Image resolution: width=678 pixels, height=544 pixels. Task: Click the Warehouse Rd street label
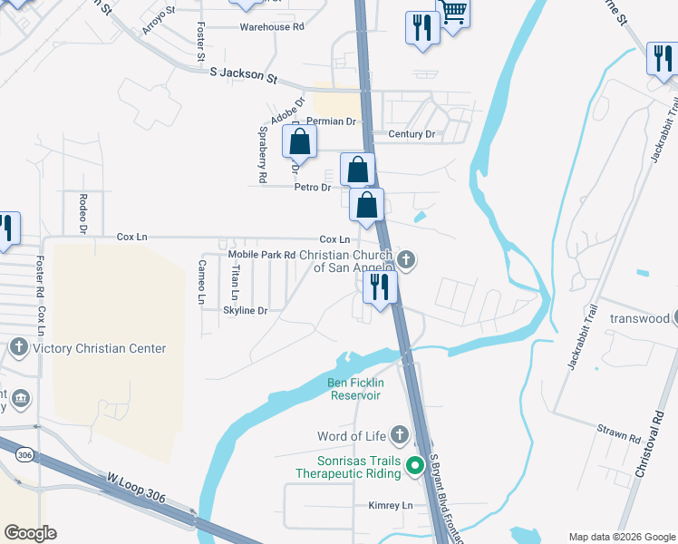[x=271, y=27]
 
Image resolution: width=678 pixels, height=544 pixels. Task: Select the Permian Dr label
[x=332, y=121]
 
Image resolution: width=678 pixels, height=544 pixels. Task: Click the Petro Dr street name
[x=313, y=188]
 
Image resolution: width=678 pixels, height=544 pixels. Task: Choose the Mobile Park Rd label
[x=261, y=255]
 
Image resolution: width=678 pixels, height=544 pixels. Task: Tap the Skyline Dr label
[x=245, y=310]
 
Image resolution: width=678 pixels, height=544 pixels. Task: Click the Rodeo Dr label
[x=82, y=214]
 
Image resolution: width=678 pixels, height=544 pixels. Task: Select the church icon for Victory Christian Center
[x=19, y=347]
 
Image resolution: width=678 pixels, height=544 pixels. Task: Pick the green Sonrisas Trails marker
[x=415, y=467]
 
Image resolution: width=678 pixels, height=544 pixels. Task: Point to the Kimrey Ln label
[x=390, y=505]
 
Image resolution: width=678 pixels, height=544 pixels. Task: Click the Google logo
[x=31, y=532]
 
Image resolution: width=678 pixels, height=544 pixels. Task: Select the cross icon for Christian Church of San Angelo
[x=407, y=261]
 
